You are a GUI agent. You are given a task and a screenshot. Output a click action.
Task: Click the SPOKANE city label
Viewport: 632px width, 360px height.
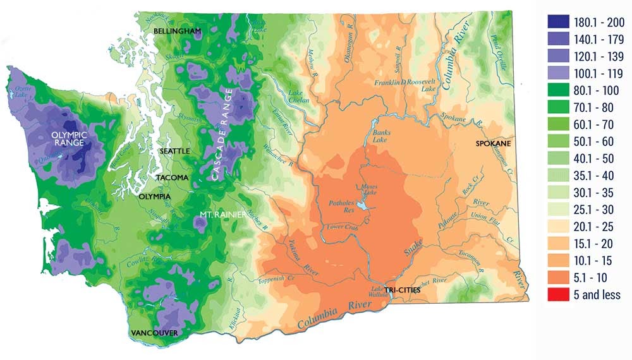pyautogui.click(x=492, y=144)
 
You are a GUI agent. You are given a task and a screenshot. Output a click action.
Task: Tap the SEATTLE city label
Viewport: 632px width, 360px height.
pyautogui.click(x=173, y=152)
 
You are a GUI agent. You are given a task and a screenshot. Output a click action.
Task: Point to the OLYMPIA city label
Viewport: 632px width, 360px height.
pyautogui.click(x=154, y=197)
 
